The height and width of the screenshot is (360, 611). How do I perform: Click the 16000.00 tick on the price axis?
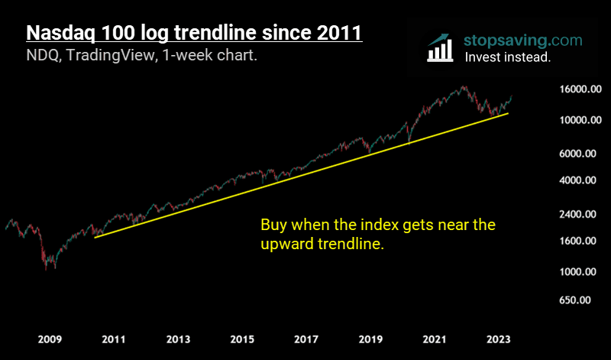pos(572,89)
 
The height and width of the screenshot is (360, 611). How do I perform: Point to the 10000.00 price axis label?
pos(572,121)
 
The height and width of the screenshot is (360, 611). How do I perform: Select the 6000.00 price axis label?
pos(574,154)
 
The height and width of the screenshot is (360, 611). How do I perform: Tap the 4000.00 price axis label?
pos(574,180)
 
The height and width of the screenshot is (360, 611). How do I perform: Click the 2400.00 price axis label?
pos(574,214)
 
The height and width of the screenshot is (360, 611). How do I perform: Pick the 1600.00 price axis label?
pos(574,241)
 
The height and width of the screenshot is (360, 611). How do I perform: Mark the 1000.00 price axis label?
pos(574,272)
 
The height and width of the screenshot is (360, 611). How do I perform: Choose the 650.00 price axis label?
pos(577,300)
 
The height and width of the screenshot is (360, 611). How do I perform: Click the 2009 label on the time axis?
pos(49,339)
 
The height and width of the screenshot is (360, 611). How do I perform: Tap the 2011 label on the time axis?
pos(113,339)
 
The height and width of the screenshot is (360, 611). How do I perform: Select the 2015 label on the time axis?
pos(242,339)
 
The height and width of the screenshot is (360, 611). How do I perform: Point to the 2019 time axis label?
pos(370,339)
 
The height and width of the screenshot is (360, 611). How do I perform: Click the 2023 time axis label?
pos(499,339)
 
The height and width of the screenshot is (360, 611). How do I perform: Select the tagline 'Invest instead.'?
pos(507,57)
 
